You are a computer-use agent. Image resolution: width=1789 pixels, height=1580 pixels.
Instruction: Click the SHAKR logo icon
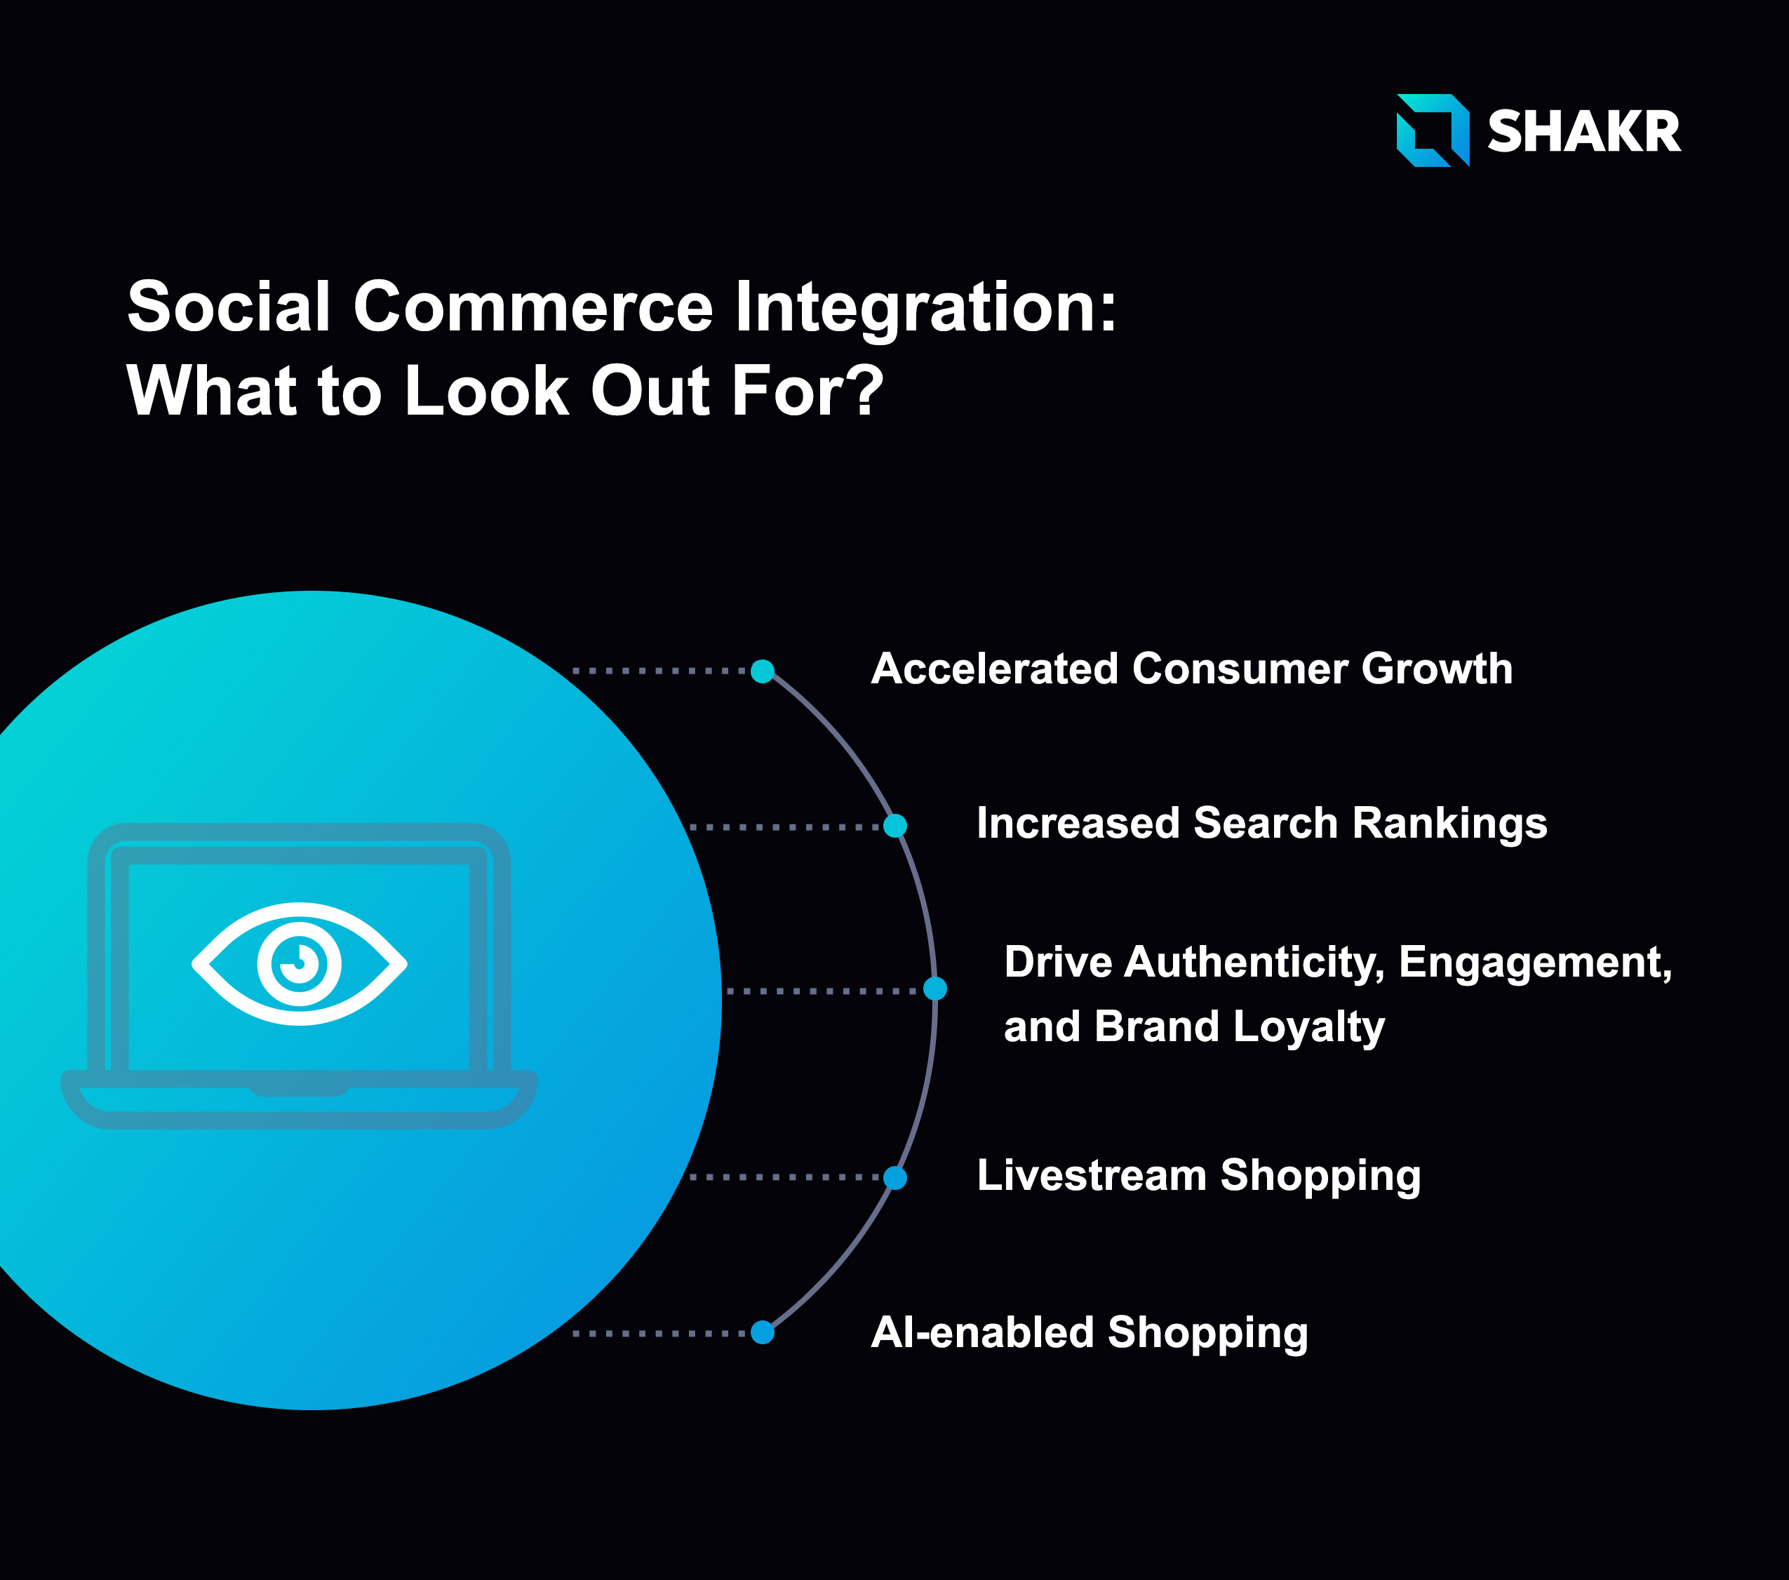[1433, 130]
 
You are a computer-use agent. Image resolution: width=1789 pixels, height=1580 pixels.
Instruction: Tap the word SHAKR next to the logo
[1584, 132]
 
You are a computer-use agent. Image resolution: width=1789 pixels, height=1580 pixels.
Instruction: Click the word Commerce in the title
[533, 307]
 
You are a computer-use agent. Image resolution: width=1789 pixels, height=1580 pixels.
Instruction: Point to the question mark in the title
[866, 389]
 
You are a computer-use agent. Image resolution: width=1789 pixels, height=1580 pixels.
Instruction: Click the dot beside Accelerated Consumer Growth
[763, 671]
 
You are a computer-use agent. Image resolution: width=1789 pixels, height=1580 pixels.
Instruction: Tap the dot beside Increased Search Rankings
[894, 826]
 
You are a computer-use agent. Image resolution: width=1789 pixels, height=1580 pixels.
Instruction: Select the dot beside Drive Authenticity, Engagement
[934, 989]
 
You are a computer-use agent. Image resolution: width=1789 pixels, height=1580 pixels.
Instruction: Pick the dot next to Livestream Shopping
[894, 1178]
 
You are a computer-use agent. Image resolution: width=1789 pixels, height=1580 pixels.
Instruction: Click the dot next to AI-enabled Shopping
[763, 1332]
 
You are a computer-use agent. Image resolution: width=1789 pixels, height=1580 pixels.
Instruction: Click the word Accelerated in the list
[995, 669]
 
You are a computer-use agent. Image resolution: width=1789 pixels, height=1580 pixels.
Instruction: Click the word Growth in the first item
[1436, 669]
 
